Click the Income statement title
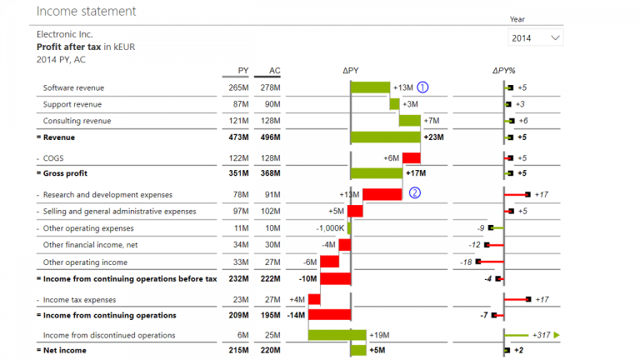87,12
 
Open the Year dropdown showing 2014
536,38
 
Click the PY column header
242,71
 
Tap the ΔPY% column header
503,71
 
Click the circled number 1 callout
422,87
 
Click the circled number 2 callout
415,193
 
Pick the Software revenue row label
73,87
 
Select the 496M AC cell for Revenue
271,137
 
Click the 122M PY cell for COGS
238,157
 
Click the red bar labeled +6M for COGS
411,157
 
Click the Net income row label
65,351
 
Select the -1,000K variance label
331,228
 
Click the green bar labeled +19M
337,335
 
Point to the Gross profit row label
67,173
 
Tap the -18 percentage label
466,262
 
